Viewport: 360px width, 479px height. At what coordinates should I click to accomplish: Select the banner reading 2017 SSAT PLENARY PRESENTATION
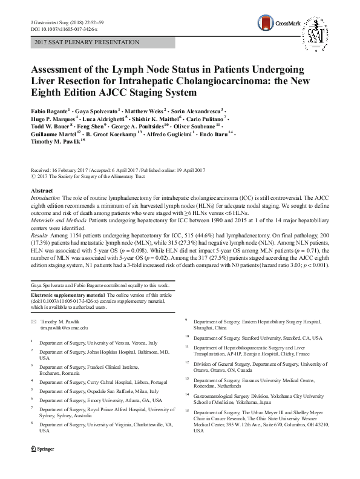point(87,42)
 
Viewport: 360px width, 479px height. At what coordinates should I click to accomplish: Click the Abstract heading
point(42,190)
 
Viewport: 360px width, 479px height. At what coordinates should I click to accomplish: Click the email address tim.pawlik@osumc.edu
point(64,327)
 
